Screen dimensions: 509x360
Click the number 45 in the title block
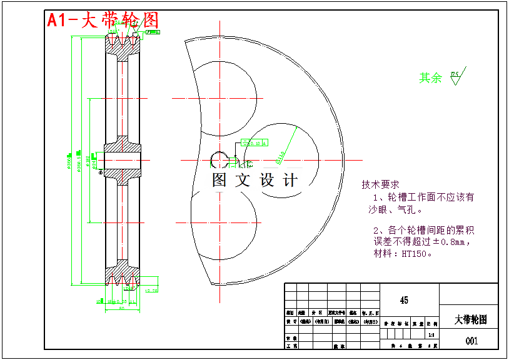[404, 301]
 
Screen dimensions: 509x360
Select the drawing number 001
[471, 341]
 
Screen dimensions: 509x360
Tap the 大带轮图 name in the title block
[470, 319]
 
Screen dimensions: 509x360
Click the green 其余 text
[430, 78]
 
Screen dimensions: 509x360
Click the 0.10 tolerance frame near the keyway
[254, 143]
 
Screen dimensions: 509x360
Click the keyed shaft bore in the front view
[219, 160]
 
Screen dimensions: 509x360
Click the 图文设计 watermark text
[255, 181]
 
